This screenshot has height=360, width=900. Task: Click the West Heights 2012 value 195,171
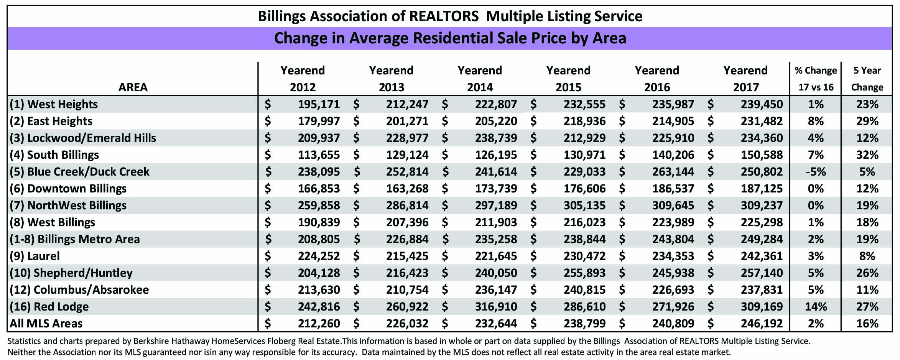tap(319, 104)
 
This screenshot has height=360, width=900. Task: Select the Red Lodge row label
tap(49, 307)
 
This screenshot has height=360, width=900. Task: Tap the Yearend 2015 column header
tap(568, 79)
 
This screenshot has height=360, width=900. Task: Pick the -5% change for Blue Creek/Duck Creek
tap(816, 172)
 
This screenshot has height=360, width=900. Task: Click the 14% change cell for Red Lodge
tap(816, 307)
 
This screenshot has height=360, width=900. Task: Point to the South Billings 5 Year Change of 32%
tap(867, 155)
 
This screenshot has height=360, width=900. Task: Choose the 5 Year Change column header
tap(867, 79)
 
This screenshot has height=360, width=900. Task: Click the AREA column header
tap(133, 87)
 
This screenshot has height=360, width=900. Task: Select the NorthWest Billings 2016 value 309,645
tap(673, 205)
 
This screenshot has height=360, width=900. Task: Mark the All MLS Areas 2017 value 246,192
tap(762, 324)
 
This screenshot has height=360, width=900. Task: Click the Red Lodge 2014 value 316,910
tap(496, 307)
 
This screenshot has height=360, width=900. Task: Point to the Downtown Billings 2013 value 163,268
tap(407, 189)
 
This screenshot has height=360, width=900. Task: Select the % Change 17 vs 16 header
tap(816, 79)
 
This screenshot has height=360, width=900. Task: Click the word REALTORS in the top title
tap(444, 16)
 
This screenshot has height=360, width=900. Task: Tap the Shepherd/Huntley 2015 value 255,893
tap(584, 273)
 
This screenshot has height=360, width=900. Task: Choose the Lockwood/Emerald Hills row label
tap(83, 138)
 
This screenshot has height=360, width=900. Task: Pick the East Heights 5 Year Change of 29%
tap(867, 121)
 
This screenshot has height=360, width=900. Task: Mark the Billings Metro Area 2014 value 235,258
tap(496, 239)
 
